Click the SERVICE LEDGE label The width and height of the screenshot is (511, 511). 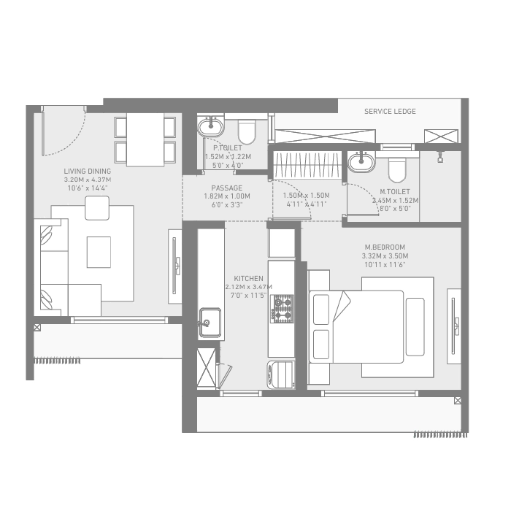pyautogui.click(x=390, y=111)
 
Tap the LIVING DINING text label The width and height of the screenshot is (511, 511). pyautogui.click(x=87, y=171)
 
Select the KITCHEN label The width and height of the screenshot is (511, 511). pyautogui.click(x=248, y=278)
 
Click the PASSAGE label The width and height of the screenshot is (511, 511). pyautogui.click(x=226, y=188)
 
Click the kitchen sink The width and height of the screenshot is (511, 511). pyautogui.click(x=210, y=320)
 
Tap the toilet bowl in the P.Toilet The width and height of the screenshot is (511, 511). pyautogui.click(x=247, y=132)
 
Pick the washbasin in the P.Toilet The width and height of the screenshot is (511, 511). pyautogui.click(x=212, y=126)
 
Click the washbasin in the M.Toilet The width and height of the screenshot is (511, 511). pyautogui.click(x=361, y=161)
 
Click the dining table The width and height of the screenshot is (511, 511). pyautogui.click(x=145, y=139)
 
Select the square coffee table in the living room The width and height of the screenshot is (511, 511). pyautogui.click(x=99, y=253)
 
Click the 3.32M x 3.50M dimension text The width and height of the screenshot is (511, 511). pyautogui.click(x=385, y=255)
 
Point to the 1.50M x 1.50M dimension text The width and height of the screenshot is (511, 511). pyautogui.click(x=305, y=196)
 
